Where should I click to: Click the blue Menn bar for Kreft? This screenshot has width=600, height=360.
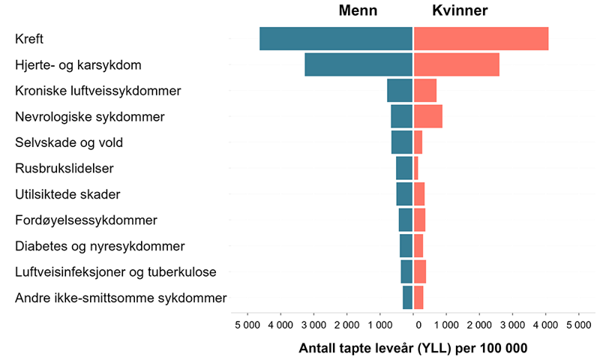tap(336, 39)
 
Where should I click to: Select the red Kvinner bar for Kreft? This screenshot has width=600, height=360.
tap(481, 39)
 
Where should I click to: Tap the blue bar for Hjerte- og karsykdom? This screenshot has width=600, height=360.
tap(358, 64)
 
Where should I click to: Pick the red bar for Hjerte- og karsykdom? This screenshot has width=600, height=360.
tap(456, 64)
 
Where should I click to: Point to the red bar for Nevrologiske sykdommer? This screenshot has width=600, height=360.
tap(427, 116)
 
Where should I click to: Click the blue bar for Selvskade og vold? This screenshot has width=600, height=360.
tap(402, 142)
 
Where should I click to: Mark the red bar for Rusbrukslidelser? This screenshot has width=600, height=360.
tap(416, 168)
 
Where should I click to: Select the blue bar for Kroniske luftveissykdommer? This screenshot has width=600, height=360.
tap(400, 91)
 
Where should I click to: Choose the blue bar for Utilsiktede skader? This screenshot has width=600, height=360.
tap(404, 194)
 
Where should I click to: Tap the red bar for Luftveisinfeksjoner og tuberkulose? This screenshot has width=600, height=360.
tap(420, 271)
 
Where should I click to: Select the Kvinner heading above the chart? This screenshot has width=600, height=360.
tap(460, 10)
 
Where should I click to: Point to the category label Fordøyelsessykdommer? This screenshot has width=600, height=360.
tap(86, 220)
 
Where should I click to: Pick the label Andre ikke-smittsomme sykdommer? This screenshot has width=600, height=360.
tap(121, 298)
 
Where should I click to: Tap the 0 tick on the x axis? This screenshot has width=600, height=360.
tap(418, 325)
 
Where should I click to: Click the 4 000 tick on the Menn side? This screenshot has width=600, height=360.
tap(281, 325)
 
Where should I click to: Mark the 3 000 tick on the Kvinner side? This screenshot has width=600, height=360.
tap(512, 325)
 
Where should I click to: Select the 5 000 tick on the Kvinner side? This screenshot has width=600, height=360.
tap(578, 325)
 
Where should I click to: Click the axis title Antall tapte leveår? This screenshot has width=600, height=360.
tap(413, 348)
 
